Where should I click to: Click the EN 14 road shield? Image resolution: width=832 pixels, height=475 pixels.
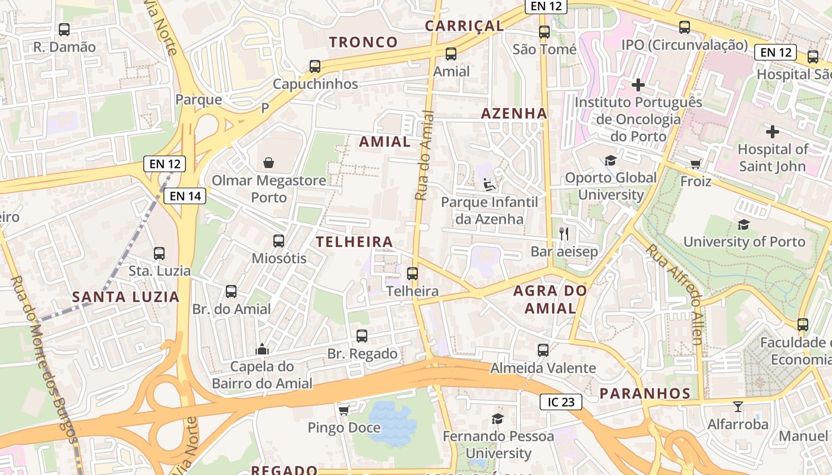(x=185, y=196)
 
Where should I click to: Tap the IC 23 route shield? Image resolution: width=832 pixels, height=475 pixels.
(x=560, y=402)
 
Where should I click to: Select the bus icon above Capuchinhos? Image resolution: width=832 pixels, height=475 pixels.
(x=315, y=66)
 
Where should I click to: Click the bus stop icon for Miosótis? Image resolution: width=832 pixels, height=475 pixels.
(x=279, y=241)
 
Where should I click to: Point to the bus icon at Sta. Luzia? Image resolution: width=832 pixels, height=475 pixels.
(x=159, y=254)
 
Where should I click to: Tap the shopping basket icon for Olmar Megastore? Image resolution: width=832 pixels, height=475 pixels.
(x=269, y=163)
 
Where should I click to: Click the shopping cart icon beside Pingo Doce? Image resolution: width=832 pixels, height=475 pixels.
(x=343, y=410)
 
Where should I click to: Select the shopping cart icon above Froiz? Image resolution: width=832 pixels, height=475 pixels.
(x=695, y=164)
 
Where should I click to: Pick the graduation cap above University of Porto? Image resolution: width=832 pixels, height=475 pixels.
(x=743, y=224)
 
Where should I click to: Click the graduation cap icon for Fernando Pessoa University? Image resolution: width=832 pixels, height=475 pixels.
(x=497, y=419)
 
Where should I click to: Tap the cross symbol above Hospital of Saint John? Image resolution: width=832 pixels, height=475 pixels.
(x=772, y=131)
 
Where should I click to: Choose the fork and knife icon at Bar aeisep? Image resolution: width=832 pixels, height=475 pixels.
(x=564, y=234)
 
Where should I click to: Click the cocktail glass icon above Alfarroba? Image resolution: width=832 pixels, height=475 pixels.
(x=738, y=407)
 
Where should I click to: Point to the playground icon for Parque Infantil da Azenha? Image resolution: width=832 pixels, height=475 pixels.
(x=489, y=185)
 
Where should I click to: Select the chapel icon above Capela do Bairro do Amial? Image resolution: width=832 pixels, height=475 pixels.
(x=262, y=349)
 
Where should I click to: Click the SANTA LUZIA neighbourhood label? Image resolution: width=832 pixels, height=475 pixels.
(x=125, y=297)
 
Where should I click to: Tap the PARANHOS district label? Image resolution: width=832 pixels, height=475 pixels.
(x=645, y=393)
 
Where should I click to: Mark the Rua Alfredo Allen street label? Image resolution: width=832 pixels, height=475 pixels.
(x=675, y=294)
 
